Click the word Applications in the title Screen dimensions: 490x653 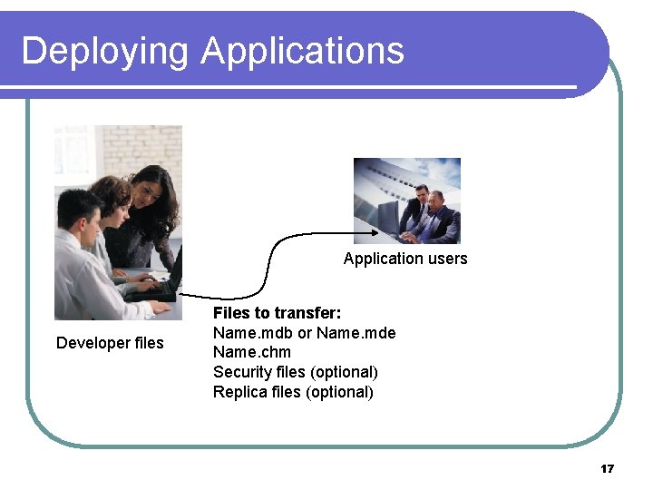click(303, 51)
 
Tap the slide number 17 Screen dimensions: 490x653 click(607, 468)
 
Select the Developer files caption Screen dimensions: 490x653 click(110, 343)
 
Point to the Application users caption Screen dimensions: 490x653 click(405, 259)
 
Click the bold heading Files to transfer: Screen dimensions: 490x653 click(277, 313)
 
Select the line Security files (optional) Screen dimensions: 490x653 click(295, 372)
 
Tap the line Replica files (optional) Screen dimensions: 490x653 click(293, 392)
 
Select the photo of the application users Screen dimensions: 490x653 click(406, 201)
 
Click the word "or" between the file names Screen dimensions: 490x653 click(305, 333)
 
